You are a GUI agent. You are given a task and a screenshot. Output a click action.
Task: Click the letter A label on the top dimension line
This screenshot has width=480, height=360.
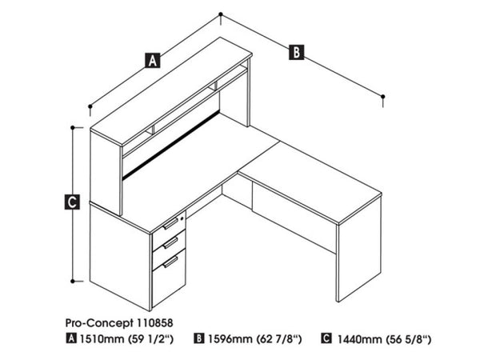click(x=152, y=58)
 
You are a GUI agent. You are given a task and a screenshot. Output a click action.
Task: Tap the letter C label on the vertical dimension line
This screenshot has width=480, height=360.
click(x=73, y=203)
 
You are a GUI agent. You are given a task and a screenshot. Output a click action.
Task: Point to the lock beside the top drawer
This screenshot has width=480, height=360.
click(x=183, y=215)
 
